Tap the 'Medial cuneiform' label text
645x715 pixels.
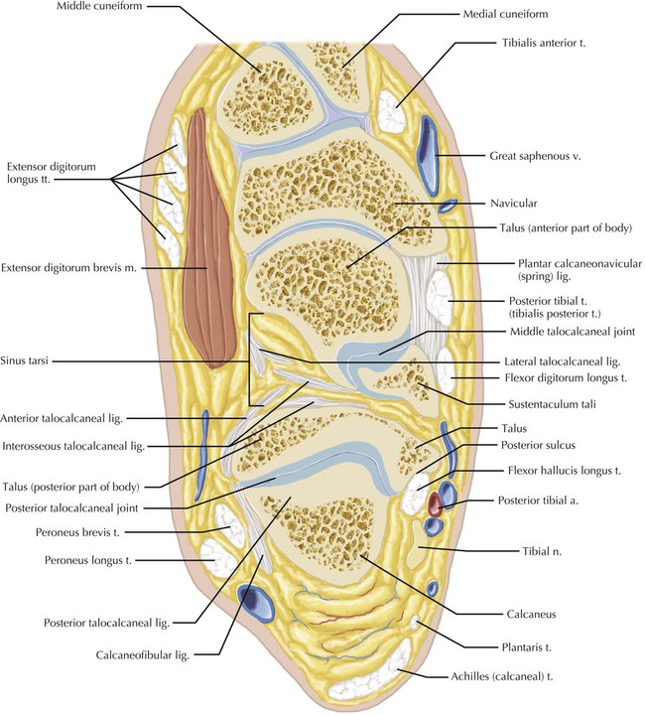click(x=506, y=15)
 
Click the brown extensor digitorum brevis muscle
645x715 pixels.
click(x=210, y=238)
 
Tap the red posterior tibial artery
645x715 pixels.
click(x=435, y=503)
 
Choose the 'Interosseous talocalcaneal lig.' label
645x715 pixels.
click(x=73, y=448)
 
